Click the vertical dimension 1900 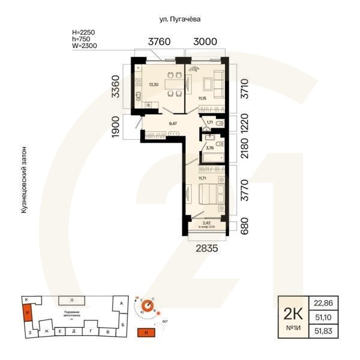[x=116, y=127]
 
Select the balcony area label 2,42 [x=207, y=223]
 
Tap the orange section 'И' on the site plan [x=26, y=313]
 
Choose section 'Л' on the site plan [x=71, y=299]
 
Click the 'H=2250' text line [x=83, y=31]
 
